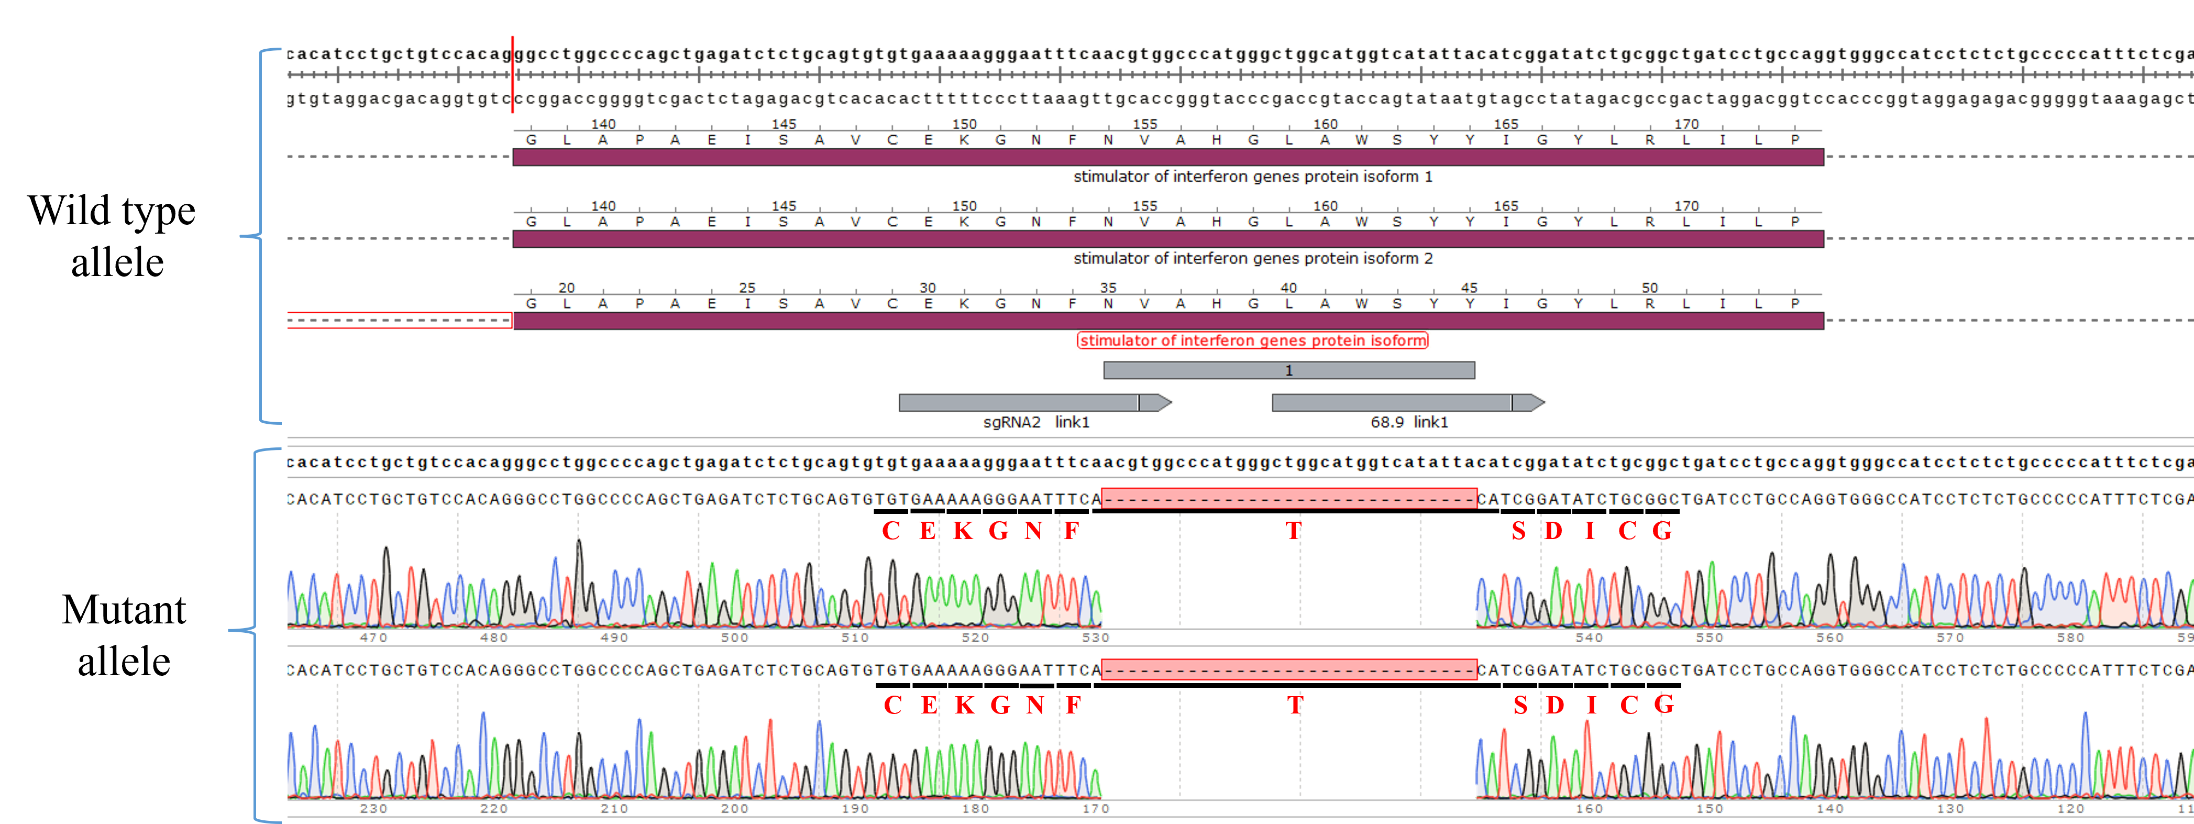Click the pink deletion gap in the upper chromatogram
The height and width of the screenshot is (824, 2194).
coord(1288,499)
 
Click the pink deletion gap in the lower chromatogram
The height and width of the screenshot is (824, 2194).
coord(1288,671)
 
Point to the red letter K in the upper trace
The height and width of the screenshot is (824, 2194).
coord(963,531)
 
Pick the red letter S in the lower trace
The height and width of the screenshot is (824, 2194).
coord(1520,705)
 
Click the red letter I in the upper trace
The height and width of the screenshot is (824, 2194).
coord(1589,531)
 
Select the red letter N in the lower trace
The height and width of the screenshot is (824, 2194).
coord(1035,705)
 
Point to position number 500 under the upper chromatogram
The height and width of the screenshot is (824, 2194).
coord(734,638)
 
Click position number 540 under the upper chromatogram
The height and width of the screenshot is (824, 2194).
coord(1589,638)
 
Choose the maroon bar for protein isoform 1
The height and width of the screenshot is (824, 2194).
coord(1167,157)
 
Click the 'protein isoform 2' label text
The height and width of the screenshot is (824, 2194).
coord(1252,258)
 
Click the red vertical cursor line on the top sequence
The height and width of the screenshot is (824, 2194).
coord(512,75)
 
